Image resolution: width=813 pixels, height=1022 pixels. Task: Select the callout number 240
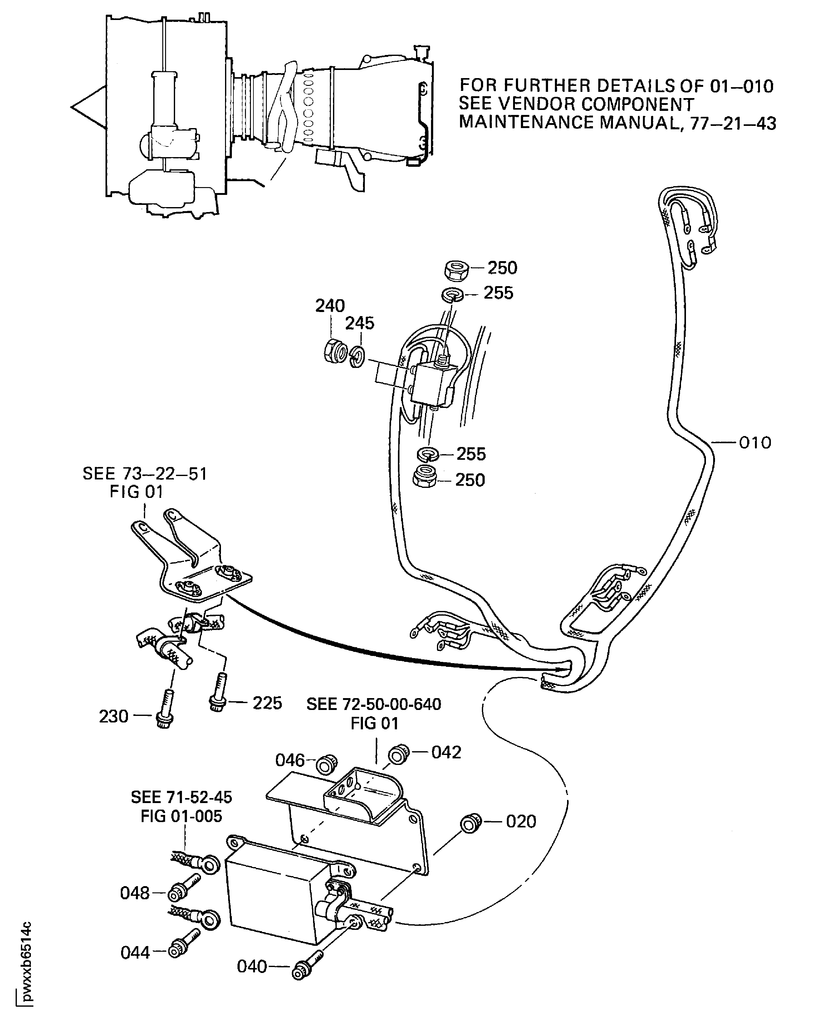pos(330,306)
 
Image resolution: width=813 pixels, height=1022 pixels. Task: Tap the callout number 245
pos(360,323)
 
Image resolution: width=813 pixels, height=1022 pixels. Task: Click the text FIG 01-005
pos(181,816)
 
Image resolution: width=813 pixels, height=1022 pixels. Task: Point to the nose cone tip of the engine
pos(72,107)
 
